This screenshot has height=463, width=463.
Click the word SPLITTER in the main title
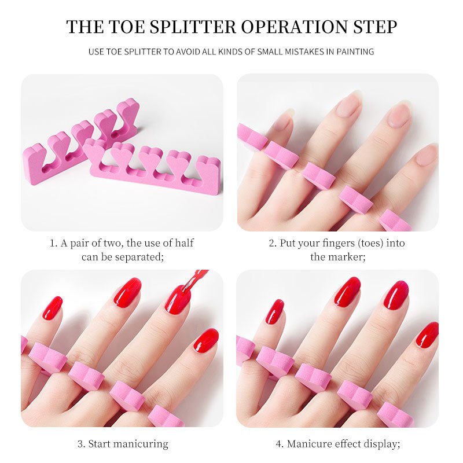[x=193, y=27]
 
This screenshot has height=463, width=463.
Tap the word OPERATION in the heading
[x=295, y=27]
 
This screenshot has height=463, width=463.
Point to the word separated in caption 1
[x=139, y=257]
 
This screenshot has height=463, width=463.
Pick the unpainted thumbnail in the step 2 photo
[x=425, y=155]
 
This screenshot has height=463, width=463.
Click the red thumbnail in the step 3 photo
[x=206, y=340]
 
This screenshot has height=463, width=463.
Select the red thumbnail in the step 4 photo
[x=427, y=335]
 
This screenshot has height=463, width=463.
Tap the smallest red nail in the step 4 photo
[x=274, y=311]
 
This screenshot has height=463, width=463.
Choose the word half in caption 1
[x=184, y=243]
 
